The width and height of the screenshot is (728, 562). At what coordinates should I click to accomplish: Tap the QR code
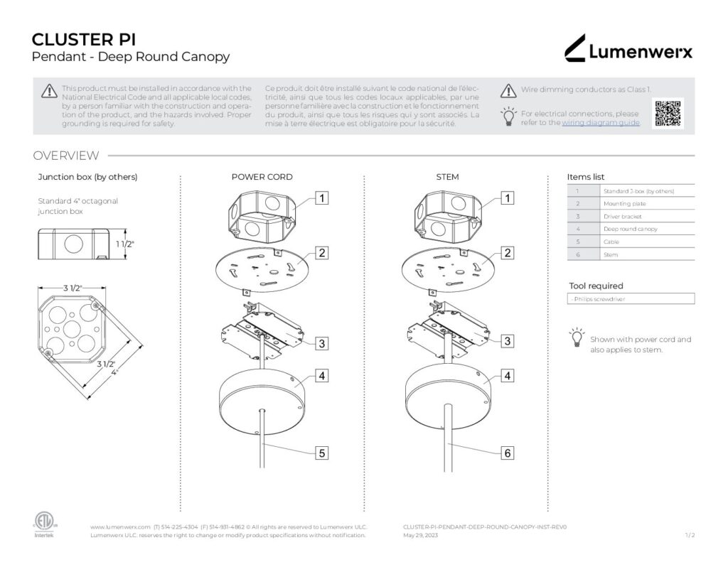tap(668, 114)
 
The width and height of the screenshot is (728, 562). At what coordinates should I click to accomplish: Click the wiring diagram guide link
tap(601, 123)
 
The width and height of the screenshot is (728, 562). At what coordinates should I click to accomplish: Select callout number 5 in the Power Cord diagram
tap(322, 453)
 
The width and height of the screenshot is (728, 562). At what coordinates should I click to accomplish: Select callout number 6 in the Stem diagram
tap(507, 453)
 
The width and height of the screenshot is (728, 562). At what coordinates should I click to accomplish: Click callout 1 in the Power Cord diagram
tap(322, 198)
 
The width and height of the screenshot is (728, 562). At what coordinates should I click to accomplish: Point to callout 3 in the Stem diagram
tap(507, 342)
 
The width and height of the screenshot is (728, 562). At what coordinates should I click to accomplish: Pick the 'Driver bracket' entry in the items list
tap(622, 216)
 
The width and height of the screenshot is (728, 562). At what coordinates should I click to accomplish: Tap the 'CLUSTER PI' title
tap(84, 39)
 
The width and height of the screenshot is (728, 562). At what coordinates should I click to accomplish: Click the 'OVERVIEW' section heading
tap(66, 156)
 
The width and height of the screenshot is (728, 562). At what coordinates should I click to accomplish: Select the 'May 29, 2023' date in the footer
tap(420, 536)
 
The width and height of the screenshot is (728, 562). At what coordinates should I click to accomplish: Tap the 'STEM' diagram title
tap(447, 177)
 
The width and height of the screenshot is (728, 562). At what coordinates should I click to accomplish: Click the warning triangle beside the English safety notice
tap(49, 90)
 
